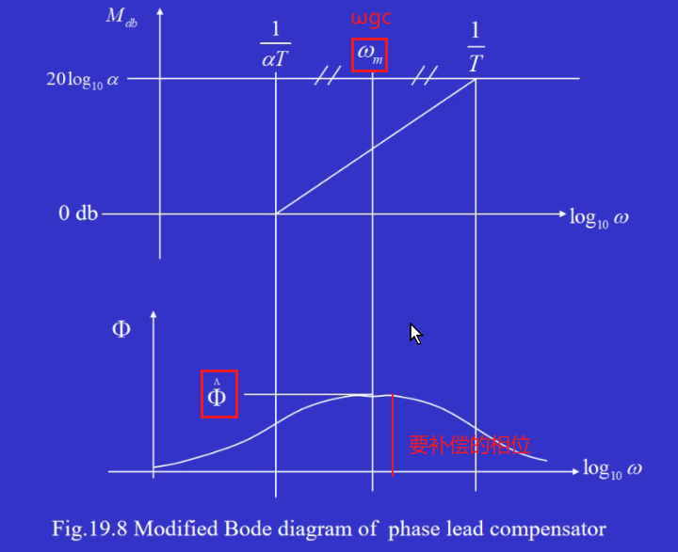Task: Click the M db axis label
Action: point(122,19)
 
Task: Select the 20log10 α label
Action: point(83,79)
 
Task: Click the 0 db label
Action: point(78,213)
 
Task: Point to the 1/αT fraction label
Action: point(275,45)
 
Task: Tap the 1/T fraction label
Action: point(476,45)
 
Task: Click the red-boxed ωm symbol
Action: point(369,55)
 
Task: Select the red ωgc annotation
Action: point(371,19)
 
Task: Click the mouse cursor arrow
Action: point(415,333)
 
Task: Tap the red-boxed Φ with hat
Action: point(218,394)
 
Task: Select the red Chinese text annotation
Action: point(462,445)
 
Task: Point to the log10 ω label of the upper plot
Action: point(599,218)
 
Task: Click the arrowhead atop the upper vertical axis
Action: point(160,11)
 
